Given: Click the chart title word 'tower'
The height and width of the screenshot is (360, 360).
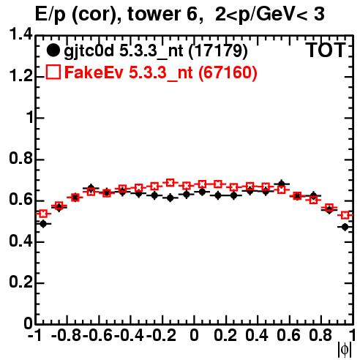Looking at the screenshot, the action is [153, 14].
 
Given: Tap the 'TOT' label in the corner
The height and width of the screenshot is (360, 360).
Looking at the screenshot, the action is [326, 50].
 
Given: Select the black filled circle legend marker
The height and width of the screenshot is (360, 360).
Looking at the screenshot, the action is [53, 50].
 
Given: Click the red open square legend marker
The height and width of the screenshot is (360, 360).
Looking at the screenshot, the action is [53, 72].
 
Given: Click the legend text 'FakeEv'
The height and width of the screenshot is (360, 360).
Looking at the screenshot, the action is [94, 72].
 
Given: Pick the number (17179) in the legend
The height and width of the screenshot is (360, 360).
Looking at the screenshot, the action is [218, 51].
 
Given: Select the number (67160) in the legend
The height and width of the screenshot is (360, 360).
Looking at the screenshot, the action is [228, 72].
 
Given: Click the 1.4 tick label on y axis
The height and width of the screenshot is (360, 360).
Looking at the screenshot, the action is [20, 34].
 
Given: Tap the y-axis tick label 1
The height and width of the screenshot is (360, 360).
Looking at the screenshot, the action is [30, 117].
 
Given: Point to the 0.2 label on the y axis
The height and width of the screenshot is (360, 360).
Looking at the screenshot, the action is [20, 282].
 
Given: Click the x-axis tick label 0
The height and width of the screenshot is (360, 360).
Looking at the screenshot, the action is [194, 335].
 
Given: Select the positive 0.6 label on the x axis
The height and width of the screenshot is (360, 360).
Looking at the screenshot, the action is [288, 335].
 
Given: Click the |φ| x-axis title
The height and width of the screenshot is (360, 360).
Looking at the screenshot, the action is [345, 350].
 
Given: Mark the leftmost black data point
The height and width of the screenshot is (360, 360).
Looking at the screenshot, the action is [43, 224].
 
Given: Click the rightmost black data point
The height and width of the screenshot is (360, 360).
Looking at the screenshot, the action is [345, 227].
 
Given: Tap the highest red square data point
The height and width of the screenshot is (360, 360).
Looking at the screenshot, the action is [170, 182].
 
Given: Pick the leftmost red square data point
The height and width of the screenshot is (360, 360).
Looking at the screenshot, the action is [43, 214].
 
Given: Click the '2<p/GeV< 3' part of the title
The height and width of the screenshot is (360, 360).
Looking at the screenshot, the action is [270, 15].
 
